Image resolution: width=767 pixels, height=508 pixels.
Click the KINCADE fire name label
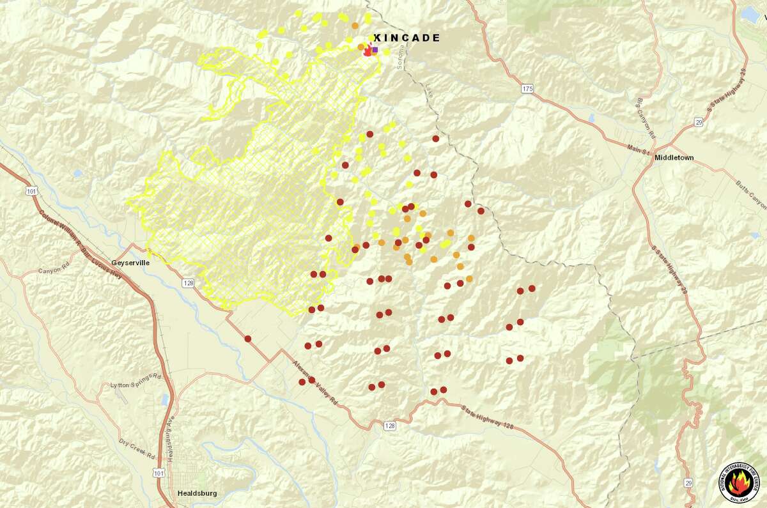407,38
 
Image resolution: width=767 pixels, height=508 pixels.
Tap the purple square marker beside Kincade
375,49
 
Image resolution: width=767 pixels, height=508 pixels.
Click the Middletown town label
674,157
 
